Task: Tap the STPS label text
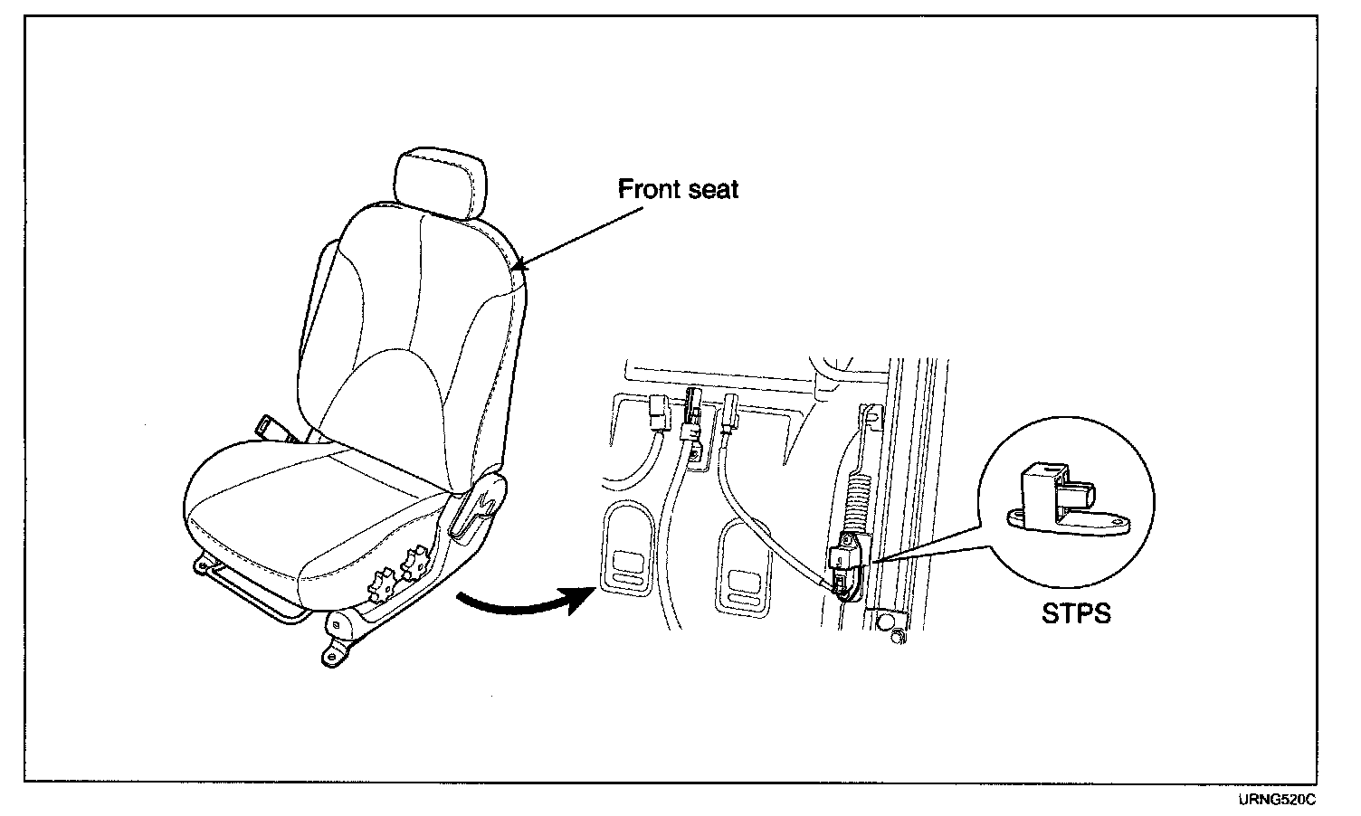tap(1075, 614)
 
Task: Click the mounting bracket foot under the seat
tap(336, 650)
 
